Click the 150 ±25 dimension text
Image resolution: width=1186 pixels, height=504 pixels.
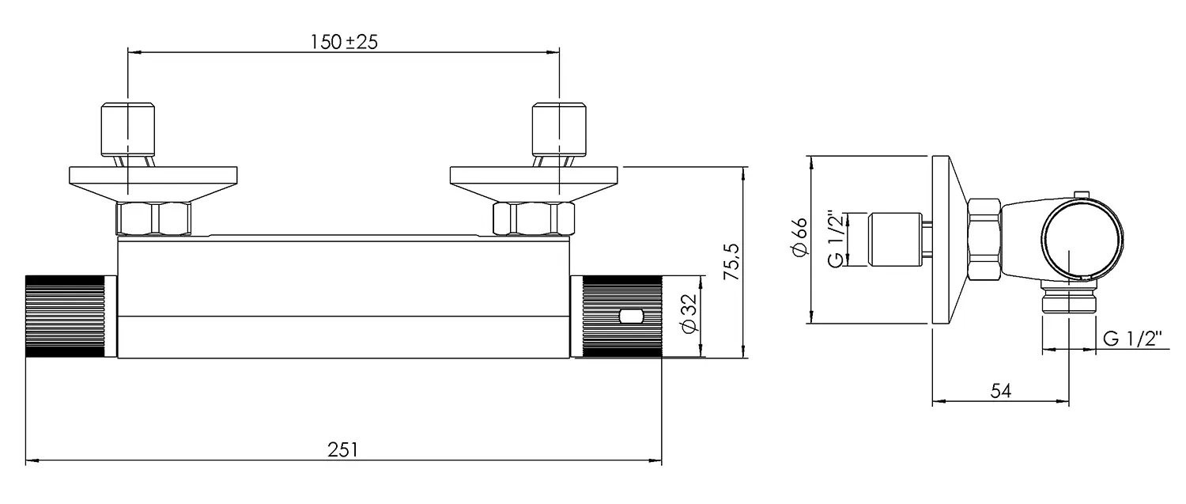tap(344, 42)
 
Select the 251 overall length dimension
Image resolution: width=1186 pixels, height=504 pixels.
tap(343, 449)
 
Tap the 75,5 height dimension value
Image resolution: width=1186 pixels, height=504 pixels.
tap(731, 262)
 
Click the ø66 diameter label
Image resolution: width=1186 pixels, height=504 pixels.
tap(799, 237)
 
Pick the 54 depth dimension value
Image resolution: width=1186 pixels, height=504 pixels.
tap(1000, 391)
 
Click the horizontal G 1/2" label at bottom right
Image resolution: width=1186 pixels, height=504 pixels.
tap(1132, 339)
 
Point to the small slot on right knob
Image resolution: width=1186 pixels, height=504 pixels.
tap(632, 316)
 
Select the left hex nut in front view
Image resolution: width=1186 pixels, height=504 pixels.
tap(154, 218)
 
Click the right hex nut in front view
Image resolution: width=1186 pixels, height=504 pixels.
tap(533, 218)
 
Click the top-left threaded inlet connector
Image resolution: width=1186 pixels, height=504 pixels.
tap(127, 128)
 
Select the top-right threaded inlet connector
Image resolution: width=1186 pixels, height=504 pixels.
tap(559, 128)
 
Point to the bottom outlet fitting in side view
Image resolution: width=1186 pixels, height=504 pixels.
tap(1068, 303)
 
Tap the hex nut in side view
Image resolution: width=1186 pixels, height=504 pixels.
tap(984, 238)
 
